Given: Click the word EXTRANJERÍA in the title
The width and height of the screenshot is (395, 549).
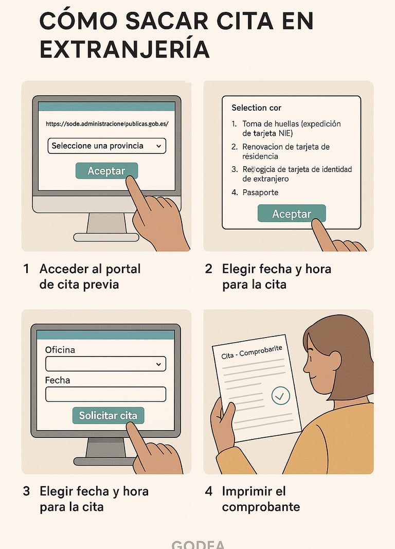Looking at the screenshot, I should click(x=124, y=50).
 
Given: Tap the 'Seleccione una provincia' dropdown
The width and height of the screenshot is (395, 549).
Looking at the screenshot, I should click(x=106, y=146).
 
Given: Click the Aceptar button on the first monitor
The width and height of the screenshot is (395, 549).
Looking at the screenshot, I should click(x=106, y=171).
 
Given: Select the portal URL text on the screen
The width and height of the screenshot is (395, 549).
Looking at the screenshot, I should click(x=106, y=123).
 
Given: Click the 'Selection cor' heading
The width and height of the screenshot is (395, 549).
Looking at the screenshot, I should click(x=256, y=108).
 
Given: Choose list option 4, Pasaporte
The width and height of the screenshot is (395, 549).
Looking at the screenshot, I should click(x=260, y=192).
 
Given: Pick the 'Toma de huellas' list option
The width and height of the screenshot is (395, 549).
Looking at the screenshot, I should click(x=291, y=128).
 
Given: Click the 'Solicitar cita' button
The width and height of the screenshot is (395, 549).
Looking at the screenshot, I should click(x=108, y=415).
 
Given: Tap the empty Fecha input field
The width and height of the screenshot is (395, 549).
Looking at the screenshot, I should click(x=105, y=394).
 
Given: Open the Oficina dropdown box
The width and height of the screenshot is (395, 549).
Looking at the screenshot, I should click(x=105, y=364).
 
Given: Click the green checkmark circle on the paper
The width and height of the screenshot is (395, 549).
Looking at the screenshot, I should click(x=280, y=396).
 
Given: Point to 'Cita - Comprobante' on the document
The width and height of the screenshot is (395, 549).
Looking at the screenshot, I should click(x=252, y=352).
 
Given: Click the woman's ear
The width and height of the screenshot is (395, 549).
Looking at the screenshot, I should click(x=334, y=360).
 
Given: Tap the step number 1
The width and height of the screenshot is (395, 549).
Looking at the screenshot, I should click(x=26, y=269).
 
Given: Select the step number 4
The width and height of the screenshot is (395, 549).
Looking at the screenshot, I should click(x=208, y=491).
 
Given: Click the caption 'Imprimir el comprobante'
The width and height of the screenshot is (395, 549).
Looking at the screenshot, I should click(x=261, y=499).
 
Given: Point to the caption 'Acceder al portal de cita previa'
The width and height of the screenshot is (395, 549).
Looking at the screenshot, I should click(x=89, y=276).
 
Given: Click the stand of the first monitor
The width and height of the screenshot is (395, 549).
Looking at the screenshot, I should click(x=106, y=223).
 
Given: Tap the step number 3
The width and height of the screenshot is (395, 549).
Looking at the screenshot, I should click(x=26, y=491).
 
